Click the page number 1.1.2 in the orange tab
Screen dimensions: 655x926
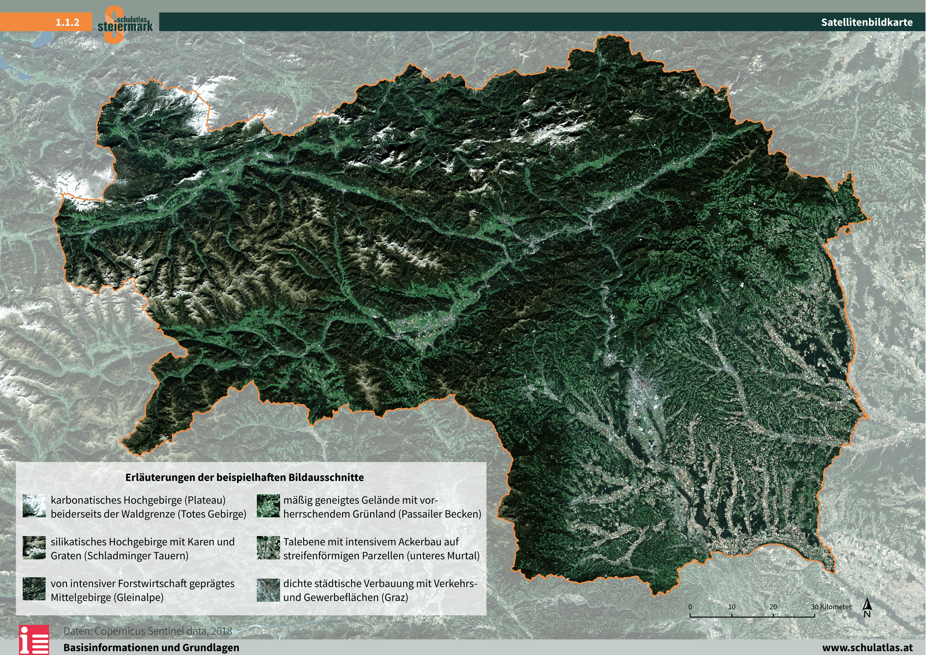(x=67, y=22)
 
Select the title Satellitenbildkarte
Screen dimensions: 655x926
(x=867, y=22)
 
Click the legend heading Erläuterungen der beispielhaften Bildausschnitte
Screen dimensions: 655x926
(x=244, y=477)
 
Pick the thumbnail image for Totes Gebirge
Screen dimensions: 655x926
(x=34, y=506)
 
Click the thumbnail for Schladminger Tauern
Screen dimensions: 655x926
(x=34, y=548)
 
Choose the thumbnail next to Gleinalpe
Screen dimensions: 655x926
(x=34, y=589)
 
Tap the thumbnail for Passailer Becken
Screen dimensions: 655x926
(x=268, y=506)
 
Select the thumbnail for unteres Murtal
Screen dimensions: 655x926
(x=268, y=548)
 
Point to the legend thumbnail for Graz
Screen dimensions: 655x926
(x=268, y=590)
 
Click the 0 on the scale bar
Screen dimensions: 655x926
(x=690, y=607)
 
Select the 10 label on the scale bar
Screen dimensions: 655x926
(x=732, y=607)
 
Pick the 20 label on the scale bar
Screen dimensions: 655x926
(x=773, y=607)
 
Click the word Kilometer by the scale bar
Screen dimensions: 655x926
(x=836, y=607)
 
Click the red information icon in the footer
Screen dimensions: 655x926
(x=34, y=640)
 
